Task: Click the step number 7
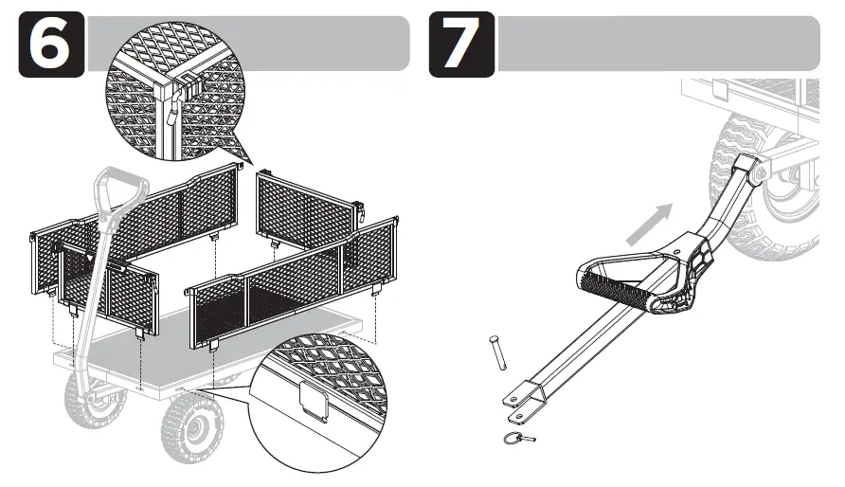coord(461,45)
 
